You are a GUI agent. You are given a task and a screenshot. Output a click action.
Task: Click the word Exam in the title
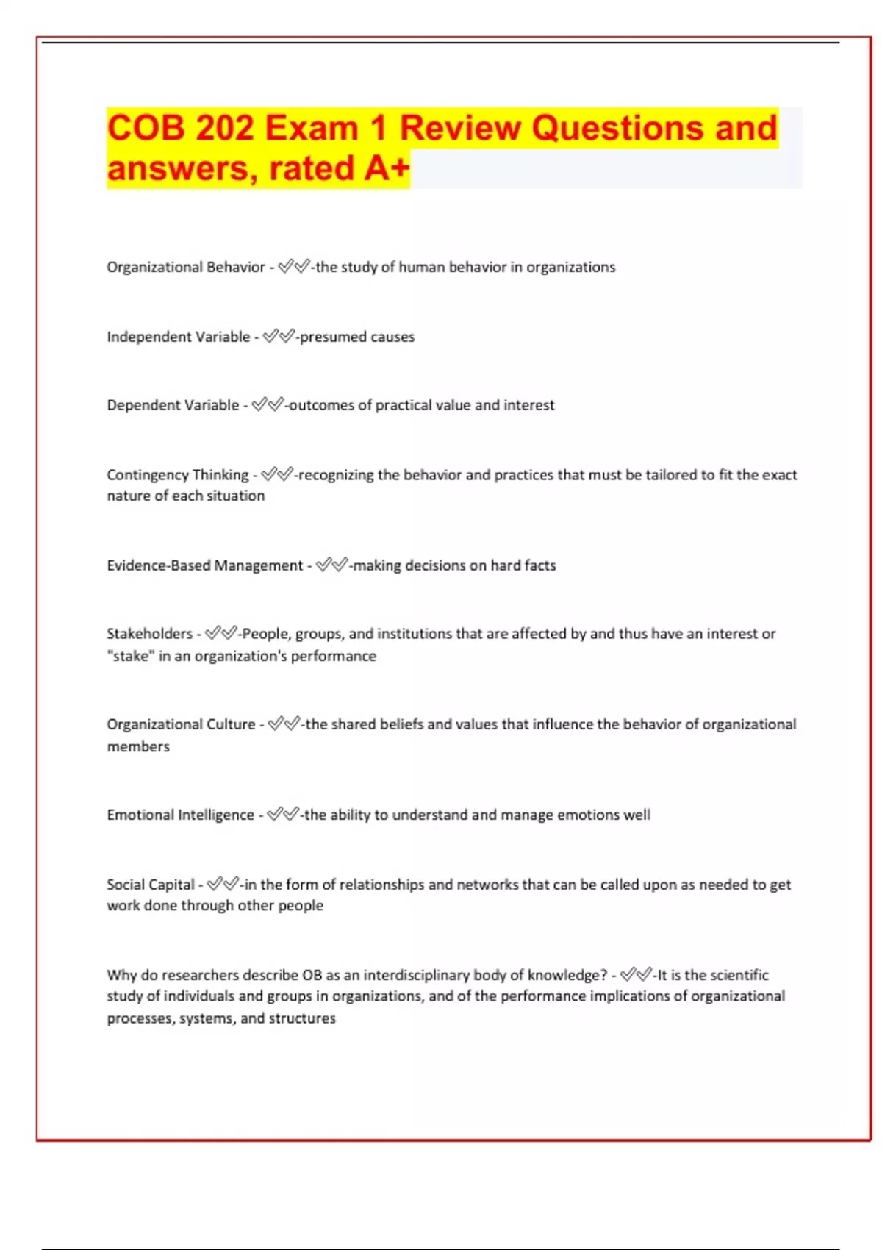click(x=311, y=128)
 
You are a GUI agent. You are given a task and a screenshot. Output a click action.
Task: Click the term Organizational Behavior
click(x=185, y=267)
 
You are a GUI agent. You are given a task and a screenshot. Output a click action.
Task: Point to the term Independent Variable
click(x=178, y=337)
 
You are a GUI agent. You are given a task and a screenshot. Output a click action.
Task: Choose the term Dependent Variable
click(x=173, y=405)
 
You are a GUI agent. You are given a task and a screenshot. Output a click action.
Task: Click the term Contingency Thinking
click(x=177, y=475)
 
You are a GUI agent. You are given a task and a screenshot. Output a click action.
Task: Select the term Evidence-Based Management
click(x=204, y=565)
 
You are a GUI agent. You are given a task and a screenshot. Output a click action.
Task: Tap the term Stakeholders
click(x=149, y=634)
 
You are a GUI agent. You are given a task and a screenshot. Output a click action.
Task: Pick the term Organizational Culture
click(x=181, y=724)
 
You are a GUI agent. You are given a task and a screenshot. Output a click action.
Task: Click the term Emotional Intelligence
click(x=180, y=815)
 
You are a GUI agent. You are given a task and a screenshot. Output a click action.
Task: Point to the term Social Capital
click(x=150, y=885)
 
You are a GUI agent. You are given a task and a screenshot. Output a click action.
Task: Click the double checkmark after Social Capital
click(x=223, y=884)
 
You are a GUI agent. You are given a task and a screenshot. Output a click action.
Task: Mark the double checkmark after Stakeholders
click(x=221, y=633)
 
